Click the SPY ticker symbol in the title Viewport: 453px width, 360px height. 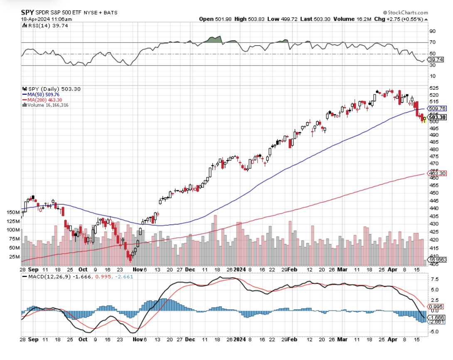27,12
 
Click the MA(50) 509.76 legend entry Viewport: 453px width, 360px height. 41,94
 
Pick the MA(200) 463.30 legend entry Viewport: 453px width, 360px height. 42,100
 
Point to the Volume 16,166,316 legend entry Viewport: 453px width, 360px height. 48,105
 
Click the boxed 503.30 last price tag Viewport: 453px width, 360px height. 438,118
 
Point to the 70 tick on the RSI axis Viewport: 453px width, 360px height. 432,42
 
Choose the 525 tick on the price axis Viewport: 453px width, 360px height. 434,88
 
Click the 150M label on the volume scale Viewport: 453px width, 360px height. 13,212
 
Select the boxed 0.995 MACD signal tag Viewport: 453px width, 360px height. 438,306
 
